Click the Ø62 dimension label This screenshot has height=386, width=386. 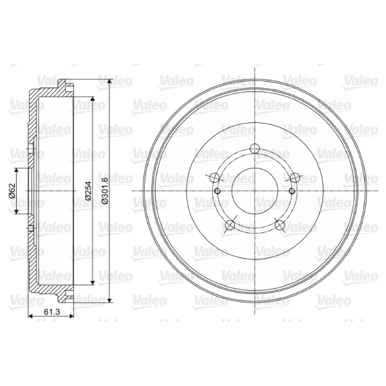pyautogui.click(x=13, y=191)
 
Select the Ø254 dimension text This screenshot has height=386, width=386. pyautogui.click(x=88, y=191)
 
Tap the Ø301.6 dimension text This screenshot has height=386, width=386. pyautogui.click(x=105, y=191)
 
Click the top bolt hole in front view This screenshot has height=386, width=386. pyautogui.click(x=255, y=149)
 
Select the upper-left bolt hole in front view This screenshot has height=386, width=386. pyautogui.click(x=215, y=177)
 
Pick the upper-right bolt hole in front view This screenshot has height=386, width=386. pyautogui.click(x=294, y=177)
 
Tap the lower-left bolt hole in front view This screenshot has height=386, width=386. pyautogui.click(x=230, y=224)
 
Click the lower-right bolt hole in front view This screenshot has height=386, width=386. pyautogui.click(x=280, y=224)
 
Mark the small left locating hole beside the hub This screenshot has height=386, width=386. pyautogui.click(x=218, y=191)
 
